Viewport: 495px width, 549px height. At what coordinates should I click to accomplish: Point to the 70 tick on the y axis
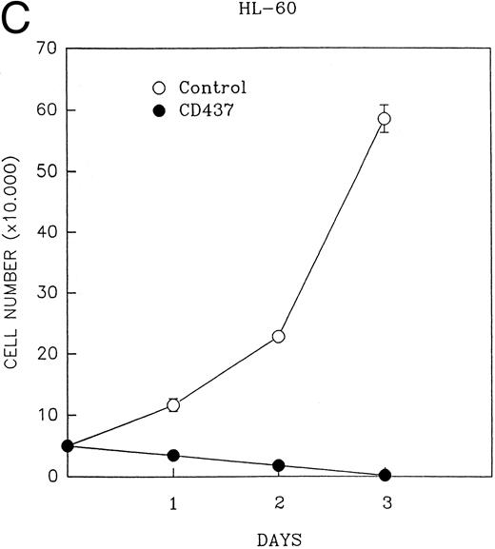pyautogui.click(x=46, y=49)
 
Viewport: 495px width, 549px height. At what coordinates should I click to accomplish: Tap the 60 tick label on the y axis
pyautogui.click(x=46, y=109)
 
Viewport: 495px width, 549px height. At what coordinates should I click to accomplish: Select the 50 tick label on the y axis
pyautogui.click(x=46, y=171)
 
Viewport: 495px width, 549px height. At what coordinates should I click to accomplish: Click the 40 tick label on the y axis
pyautogui.click(x=46, y=232)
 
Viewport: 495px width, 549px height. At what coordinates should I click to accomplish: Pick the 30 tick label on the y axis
pyautogui.click(x=46, y=293)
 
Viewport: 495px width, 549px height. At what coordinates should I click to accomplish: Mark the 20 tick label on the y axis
pyautogui.click(x=46, y=354)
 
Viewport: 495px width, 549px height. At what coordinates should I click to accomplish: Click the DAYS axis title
pyautogui.click(x=278, y=539)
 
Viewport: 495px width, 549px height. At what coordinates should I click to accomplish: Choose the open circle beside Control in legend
pyautogui.click(x=147, y=88)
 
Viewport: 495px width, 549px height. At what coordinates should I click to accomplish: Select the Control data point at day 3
pyautogui.click(x=384, y=119)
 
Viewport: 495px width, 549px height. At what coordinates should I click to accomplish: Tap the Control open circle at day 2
pyautogui.click(x=278, y=336)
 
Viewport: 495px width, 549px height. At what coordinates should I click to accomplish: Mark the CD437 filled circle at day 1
pyautogui.click(x=172, y=456)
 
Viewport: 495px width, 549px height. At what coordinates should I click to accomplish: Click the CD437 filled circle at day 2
pyautogui.click(x=278, y=465)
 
